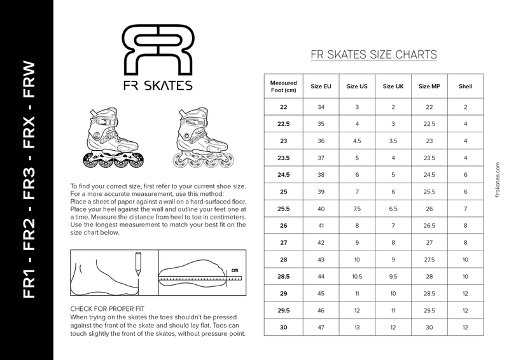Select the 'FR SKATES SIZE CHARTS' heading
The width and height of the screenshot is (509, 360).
[373, 54]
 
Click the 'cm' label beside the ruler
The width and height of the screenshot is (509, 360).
[234, 269]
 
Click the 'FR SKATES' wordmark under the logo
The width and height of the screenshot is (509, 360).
[158, 84]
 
